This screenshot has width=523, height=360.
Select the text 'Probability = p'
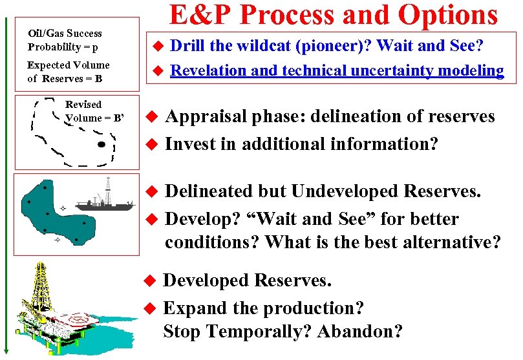pyautogui.click(x=63, y=47)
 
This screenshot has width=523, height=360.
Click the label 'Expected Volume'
pyautogui.click(x=68, y=65)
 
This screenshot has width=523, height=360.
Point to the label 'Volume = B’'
pyautogui.click(x=94, y=118)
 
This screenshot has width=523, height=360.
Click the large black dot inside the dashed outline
pyautogui.click(x=100, y=145)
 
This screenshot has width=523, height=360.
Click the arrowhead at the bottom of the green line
pyautogui.click(x=7, y=350)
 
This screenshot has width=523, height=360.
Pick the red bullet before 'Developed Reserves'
pyautogui.click(x=150, y=281)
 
